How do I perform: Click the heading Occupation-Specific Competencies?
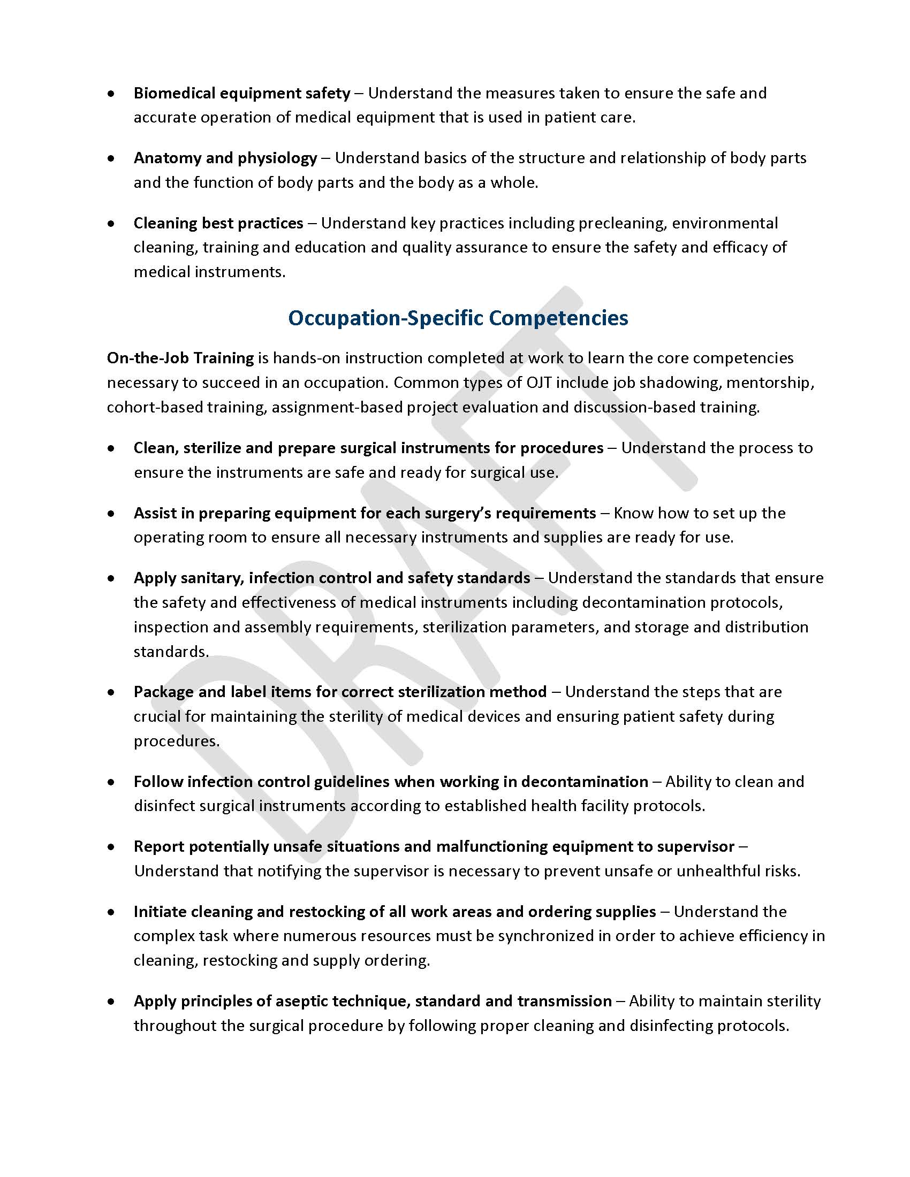[458, 318]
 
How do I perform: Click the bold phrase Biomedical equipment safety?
[242, 93]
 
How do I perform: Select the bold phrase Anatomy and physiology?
[225, 158]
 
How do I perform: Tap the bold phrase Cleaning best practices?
[218, 223]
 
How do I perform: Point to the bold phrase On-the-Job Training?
[180, 358]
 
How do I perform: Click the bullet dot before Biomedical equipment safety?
[111, 94]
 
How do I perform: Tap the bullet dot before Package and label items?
[111, 692]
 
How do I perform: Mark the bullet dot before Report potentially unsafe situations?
[111, 847]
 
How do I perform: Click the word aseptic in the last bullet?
[301, 1002]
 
